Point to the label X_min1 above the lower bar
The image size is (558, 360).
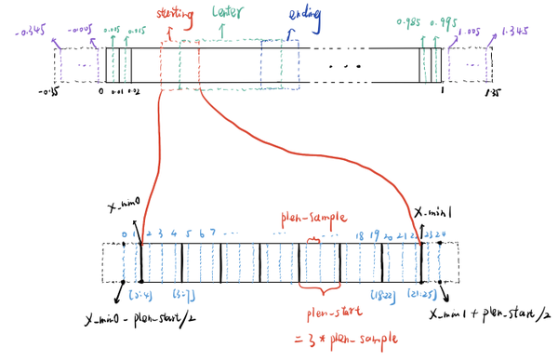coord(430,212)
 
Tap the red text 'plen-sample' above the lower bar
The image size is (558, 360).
coord(303,220)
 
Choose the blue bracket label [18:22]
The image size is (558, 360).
coord(381,295)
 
